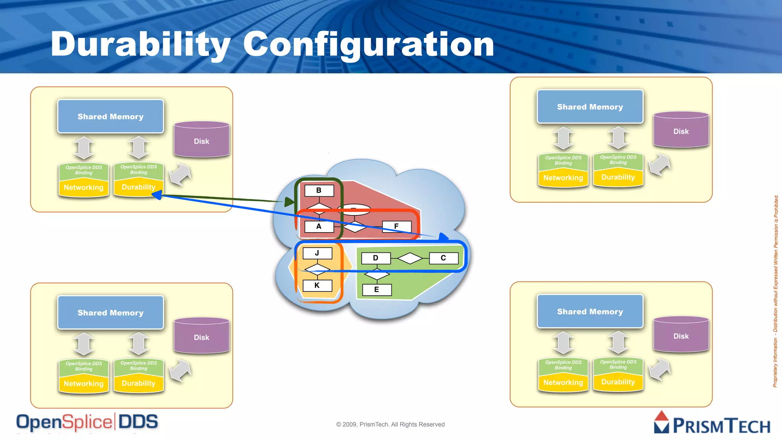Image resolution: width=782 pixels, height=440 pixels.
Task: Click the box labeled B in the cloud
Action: tap(319, 190)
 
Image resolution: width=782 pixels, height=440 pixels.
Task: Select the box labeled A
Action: tap(319, 226)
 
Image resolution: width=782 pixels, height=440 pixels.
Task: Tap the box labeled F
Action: tap(397, 226)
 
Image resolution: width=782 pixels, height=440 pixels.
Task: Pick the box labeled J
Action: tap(317, 253)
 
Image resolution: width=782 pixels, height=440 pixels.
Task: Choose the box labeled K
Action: tap(317, 285)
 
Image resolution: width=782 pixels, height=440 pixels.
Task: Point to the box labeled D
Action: tap(376, 258)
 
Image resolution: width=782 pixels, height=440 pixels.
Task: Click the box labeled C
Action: tap(443, 258)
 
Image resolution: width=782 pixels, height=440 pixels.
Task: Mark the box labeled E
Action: tap(377, 290)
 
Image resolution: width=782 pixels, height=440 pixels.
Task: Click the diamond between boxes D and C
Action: tap(410, 259)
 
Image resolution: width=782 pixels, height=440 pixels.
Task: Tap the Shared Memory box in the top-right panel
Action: tap(590, 107)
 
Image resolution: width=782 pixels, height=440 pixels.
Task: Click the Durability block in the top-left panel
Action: tap(139, 188)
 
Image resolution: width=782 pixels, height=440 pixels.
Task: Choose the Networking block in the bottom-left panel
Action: tap(84, 384)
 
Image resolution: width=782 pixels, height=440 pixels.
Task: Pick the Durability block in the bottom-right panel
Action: tap(618, 382)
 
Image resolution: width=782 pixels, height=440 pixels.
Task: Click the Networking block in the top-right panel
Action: tap(563, 178)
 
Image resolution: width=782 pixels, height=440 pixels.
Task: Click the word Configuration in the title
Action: tap(368, 44)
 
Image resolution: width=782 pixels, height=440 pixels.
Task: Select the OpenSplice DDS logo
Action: tap(87, 422)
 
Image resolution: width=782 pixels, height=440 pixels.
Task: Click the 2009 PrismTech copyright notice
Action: tap(390, 424)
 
